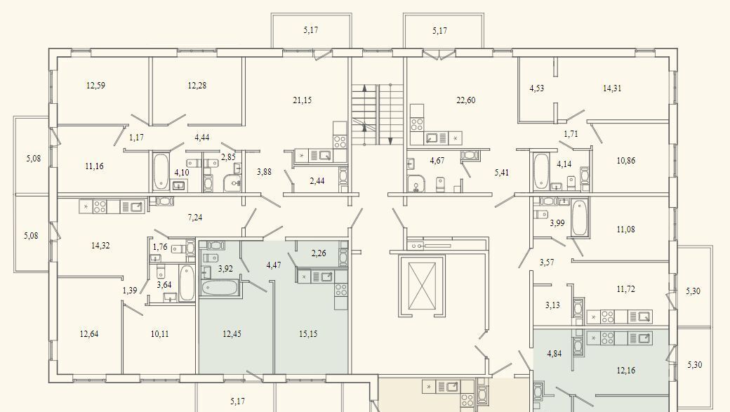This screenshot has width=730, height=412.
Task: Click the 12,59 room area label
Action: (95, 85)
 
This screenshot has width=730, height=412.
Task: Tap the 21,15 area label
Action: (302, 100)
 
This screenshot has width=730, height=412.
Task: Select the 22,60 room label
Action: (465, 100)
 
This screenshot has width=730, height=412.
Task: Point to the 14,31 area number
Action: (612, 88)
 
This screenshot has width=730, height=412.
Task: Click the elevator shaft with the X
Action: (422, 286)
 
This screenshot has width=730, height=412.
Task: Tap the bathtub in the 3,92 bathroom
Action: (220, 287)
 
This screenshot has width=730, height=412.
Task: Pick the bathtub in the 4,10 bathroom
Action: (161, 171)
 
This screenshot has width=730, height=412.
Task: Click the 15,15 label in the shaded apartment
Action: (308, 334)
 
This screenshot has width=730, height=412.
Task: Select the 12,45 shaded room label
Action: (232, 334)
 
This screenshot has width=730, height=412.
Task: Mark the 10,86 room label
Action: (625, 161)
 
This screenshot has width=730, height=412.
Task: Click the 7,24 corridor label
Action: (194, 218)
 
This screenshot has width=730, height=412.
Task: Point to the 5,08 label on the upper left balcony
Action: (33, 159)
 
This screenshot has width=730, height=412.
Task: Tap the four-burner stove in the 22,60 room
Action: (417, 124)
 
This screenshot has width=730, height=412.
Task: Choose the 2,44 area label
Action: (317, 181)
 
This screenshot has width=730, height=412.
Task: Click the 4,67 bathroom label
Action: (437, 161)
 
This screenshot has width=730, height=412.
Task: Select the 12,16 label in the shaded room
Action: (625, 371)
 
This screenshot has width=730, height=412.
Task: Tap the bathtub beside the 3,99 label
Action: (579, 218)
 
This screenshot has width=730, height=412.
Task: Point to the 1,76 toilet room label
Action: (160, 247)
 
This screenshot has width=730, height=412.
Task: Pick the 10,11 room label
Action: (160, 334)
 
